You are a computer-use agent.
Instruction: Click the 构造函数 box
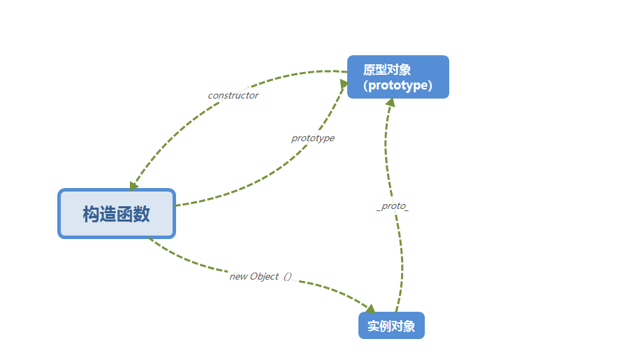[x=117, y=214]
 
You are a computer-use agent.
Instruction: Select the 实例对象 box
[x=391, y=326]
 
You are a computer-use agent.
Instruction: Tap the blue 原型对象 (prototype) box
[x=398, y=77]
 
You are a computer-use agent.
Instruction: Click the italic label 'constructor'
[x=233, y=95]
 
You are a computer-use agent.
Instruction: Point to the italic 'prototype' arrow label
[x=312, y=138]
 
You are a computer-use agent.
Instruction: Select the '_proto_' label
[x=393, y=208]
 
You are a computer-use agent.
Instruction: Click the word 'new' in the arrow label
[x=238, y=276]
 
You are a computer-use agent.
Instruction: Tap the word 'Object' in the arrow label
[x=264, y=276]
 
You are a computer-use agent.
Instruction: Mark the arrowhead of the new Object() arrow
[x=370, y=308]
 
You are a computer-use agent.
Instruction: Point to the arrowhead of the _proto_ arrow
[x=390, y=103]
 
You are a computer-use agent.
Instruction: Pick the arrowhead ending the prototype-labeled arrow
[x=344, y=85]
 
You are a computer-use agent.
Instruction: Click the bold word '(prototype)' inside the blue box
[x=398, y=85]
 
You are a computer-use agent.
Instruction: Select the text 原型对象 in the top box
[x=387, y=70]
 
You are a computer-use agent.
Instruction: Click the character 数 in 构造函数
[x=142, y=214]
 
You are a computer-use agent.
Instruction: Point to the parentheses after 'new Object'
[x=286, y=276]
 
